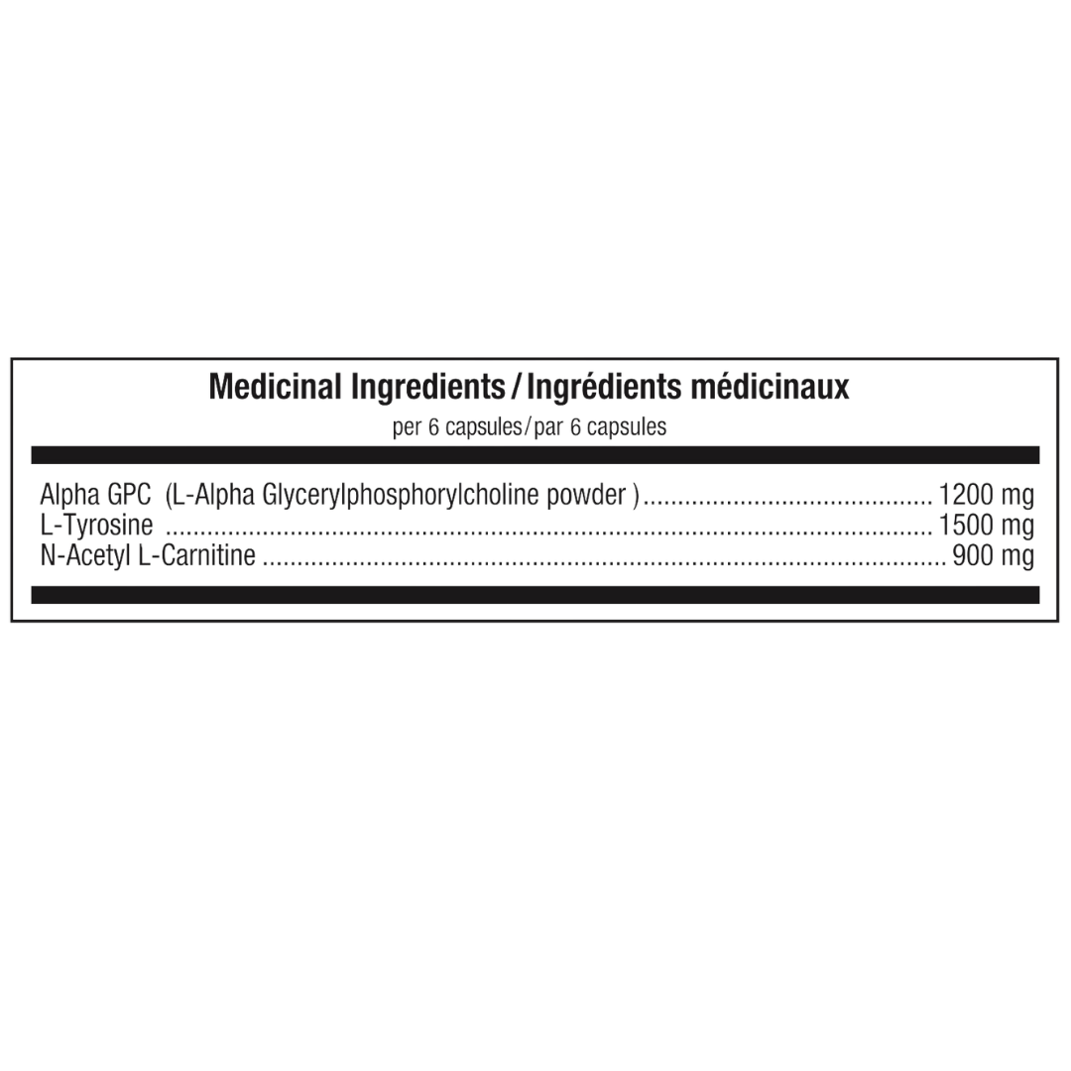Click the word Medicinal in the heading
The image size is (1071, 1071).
click(x=275, y=387)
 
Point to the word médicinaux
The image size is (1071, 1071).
click(x=770, y=387)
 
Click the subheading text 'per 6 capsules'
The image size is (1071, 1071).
click(x=457, y=427)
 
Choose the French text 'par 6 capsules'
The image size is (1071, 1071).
click(x=600, y=427)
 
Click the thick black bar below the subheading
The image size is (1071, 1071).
click(x=535, y=455)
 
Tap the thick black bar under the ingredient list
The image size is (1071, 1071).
click(x=535, y=595)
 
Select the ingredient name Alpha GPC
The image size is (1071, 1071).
click(x=95, y=495)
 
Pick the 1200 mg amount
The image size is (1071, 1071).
click(x=987, y=495)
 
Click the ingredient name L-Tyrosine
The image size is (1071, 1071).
click(x=96, y=526)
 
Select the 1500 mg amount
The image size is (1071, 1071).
click(x=987, y=526)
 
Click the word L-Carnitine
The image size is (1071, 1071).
click(x=196, y=555)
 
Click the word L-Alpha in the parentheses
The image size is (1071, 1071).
click(x=215, y=496)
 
